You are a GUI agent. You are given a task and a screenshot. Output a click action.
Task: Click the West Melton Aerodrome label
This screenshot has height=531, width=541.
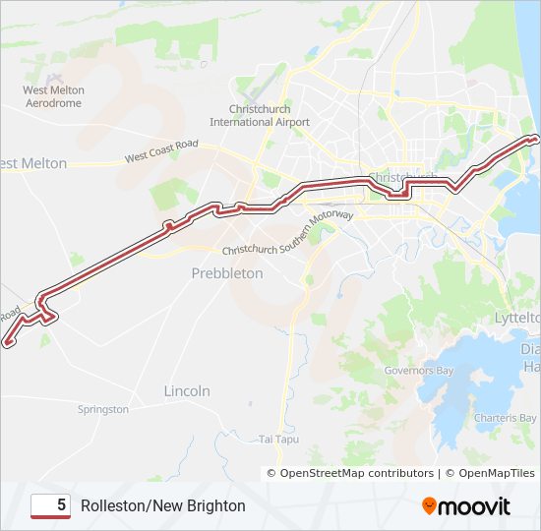tap(54, 95)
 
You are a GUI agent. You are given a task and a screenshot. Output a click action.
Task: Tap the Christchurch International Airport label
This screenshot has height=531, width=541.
tap(260, 115)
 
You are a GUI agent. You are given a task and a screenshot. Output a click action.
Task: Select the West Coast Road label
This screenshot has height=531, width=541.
tap(161, 151)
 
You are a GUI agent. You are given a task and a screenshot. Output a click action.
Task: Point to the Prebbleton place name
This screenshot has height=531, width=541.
tap(227, 273)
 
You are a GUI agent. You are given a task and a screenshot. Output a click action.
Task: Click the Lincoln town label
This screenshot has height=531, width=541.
tap(187, 391)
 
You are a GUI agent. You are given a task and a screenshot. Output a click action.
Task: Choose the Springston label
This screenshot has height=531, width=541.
tap(102, 409)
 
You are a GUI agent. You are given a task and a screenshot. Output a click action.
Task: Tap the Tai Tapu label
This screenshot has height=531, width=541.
tap(277, 439)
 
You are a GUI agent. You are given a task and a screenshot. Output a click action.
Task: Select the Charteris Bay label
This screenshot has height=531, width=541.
tap(505, 417)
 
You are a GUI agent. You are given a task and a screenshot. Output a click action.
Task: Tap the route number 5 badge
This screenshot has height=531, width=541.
tap(50, 505)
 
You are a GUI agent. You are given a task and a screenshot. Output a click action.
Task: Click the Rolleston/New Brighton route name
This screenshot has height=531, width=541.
tap(163, 505)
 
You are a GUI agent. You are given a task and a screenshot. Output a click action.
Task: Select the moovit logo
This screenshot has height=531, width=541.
tap(465, 505)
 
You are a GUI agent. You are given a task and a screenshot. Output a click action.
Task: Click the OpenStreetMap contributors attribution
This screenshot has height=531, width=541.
tap(357, 473)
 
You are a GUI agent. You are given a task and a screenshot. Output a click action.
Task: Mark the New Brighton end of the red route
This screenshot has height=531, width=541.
tap(535, 139)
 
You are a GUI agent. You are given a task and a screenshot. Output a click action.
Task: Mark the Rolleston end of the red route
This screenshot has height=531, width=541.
tap(8, 343)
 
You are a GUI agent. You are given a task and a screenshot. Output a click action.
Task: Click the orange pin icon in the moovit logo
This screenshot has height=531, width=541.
tap(429, 505)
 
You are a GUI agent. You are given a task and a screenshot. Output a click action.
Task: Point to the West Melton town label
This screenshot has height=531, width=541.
tap(33, 163)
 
